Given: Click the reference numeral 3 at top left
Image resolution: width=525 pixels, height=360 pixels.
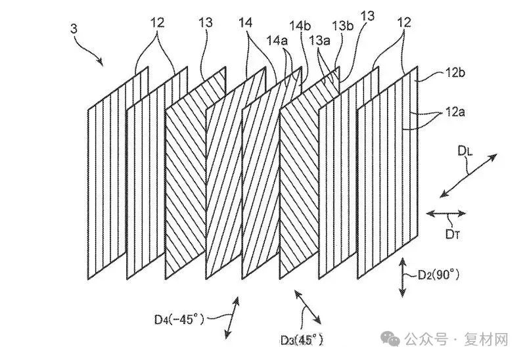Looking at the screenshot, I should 73,28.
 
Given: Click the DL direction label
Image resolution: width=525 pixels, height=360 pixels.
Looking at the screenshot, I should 464,152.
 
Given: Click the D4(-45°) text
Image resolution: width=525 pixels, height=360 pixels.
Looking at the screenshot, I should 177,320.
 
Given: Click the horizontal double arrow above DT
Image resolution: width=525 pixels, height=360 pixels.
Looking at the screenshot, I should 446,213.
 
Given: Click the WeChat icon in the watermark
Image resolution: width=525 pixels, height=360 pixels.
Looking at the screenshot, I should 392,339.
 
